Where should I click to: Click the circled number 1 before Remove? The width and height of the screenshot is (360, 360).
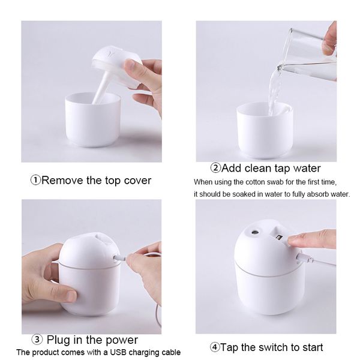click(35, 181)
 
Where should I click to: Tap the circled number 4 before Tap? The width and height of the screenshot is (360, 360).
click(214, 347)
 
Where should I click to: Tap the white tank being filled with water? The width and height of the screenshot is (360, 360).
click(264, 129)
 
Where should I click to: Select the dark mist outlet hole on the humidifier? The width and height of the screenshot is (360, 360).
click(254, 230)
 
